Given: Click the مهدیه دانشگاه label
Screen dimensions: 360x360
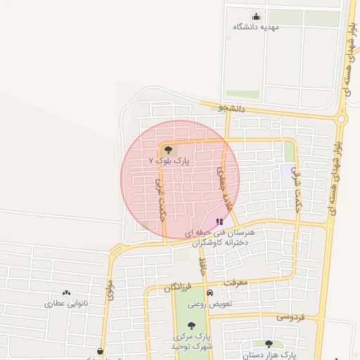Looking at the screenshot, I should point(256,27).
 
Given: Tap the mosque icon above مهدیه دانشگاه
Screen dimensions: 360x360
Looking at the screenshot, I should point(255,17).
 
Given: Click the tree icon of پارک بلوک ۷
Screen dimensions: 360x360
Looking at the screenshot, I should point(167,149).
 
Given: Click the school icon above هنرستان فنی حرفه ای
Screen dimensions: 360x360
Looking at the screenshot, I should point(219,221).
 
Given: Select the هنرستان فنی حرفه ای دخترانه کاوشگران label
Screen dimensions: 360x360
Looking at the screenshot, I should point(220,236).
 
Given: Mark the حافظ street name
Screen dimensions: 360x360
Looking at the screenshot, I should point(202,266).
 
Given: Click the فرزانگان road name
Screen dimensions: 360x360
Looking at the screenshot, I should point(177,286).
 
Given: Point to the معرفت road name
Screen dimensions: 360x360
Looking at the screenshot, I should point(236,282).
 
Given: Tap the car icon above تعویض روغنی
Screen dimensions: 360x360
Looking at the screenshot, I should point(210,293).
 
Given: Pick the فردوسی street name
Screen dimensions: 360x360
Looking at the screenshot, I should point(290,316).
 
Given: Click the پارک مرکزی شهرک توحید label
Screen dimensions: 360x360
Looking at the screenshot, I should point(191,342).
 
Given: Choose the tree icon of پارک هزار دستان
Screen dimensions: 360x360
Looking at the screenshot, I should point(269,344).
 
